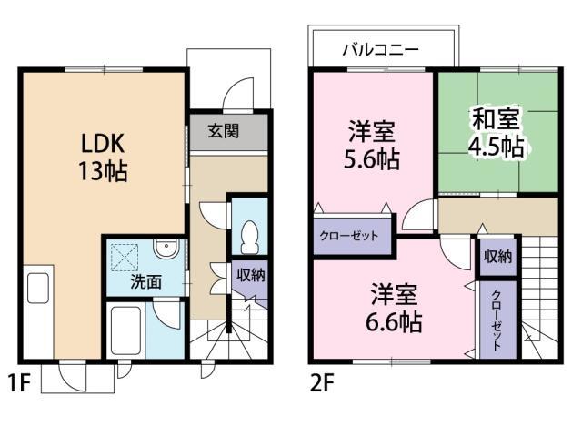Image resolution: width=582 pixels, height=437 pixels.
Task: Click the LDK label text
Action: pyautogui.click(x=103, y=144)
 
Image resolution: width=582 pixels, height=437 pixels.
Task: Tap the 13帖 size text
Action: pyautogui.click(x=103, y=171)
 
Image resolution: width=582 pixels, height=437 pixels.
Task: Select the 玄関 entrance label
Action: pyautogui.click(x=224, y=131)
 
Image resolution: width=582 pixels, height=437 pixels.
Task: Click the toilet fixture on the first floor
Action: pyautogui.click(x=249, y=238)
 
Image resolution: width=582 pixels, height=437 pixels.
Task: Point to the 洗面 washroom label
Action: pyautogui.click(x=145, y=282)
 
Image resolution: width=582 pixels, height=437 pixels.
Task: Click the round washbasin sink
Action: pyautogui.click(x=166, y=248)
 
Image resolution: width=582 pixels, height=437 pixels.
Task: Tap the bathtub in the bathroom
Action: pyautogui.click(x=125, y=330)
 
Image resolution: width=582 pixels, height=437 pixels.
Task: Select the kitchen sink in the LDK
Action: pyautogui.click(x=38, y=289)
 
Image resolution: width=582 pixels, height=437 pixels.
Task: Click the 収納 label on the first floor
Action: pyautogui.click(x=251, y=275)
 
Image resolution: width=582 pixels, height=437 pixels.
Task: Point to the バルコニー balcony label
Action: pyautogui.click(x=380, y=49)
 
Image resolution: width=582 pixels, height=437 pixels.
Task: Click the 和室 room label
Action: pyautogui.click(x=496, y=118)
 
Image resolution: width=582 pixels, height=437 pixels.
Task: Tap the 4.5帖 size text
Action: pyautogui.click(x=497, y=147)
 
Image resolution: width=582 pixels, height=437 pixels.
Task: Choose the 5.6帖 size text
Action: pyautogui.click(x=372, y=160)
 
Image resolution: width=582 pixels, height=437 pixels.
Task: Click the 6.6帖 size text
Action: pyautogui.click(x=394, y=321)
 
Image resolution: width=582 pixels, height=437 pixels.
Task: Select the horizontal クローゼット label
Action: pyautogui.click(x=349, y=236)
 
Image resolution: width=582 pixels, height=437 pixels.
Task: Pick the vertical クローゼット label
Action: pyautogui.click(x=496, y=320)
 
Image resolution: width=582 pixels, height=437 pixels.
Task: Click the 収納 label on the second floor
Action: pyautogui.click(x=497, y=256)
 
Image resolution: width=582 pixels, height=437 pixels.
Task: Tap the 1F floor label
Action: pyautogui.click(x=19, y=383)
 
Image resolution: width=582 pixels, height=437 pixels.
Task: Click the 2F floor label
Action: pyautogui.click(x=322, y=383)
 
